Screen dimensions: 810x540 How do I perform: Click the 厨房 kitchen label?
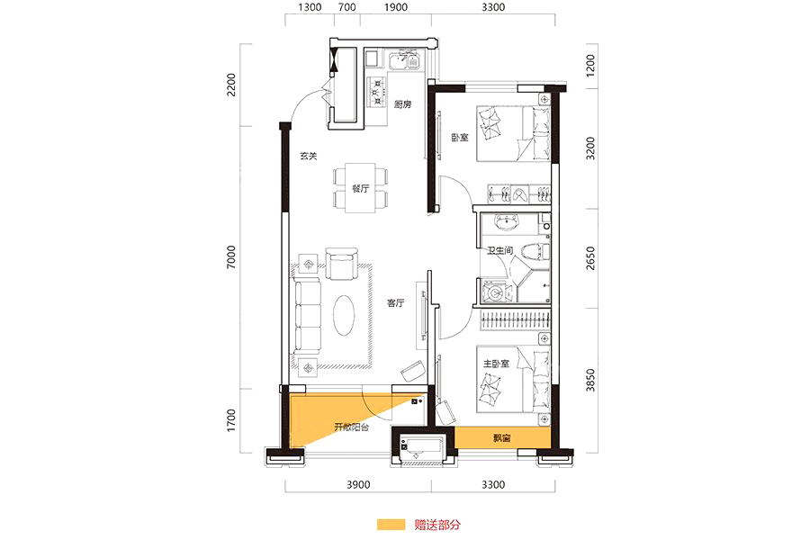[402, 104]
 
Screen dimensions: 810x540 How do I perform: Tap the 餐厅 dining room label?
[361, 189]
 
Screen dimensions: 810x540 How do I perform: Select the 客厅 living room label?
[396, 302]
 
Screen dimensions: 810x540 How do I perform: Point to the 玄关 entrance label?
[309, 156]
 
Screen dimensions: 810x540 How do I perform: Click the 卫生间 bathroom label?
[500, 250]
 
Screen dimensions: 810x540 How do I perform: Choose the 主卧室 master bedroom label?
[496, 364]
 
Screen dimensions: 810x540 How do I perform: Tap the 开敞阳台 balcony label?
[351, 427]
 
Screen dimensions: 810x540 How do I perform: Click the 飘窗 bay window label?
[501, 438]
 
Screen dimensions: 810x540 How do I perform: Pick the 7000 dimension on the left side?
[231, 256]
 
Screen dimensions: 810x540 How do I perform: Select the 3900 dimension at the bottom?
[358, 485]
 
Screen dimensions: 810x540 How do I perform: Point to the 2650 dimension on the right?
[590, 258]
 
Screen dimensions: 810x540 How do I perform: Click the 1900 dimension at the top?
[396, 7]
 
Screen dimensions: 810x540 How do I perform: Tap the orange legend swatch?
[391, 525]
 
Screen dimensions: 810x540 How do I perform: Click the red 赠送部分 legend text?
[437, 525]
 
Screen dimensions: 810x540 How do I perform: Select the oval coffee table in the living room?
[344, 315]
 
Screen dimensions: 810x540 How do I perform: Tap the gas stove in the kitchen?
[377, 92]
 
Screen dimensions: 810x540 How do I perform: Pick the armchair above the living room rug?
[341, 264]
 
